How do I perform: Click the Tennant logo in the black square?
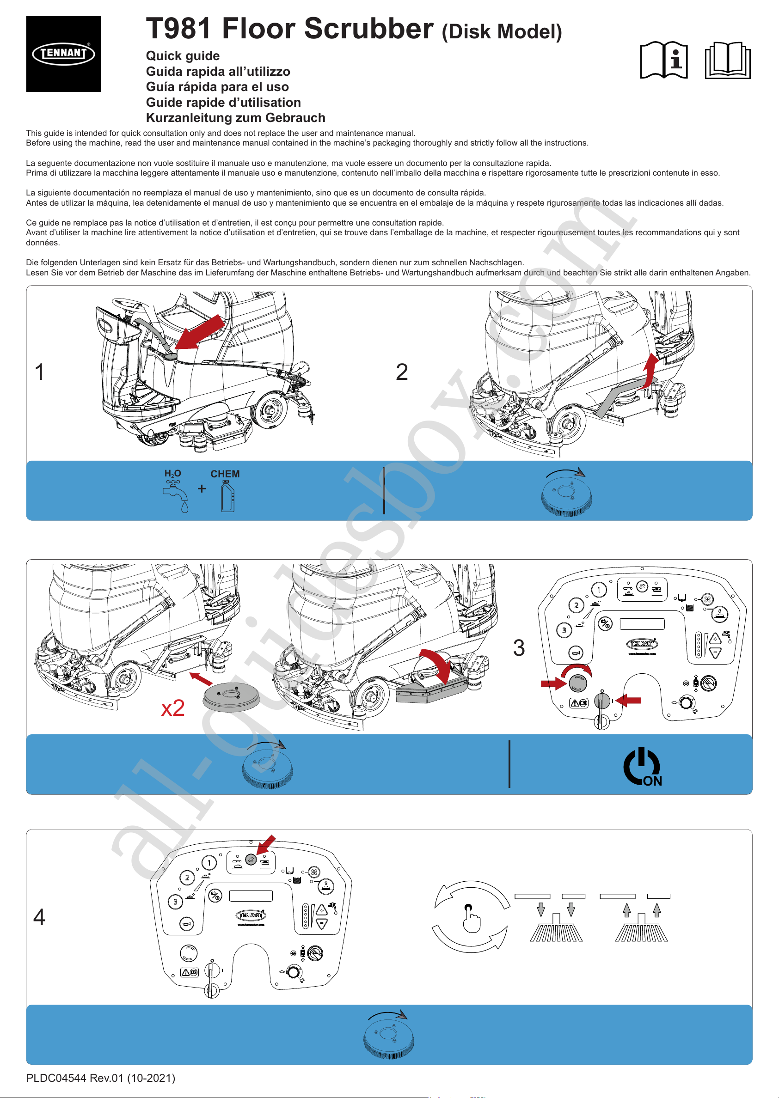[63, 53]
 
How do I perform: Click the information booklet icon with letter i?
[663, 60]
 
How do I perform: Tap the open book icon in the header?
[727, 60]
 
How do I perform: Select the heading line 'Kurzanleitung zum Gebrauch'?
[235, 118]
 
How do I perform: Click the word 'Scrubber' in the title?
[328, 29]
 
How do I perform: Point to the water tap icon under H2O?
[176, 496]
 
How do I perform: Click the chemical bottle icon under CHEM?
[228, 497]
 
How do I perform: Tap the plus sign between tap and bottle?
[202, 488]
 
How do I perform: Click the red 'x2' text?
[173, 708]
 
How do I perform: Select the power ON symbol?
[642, 767]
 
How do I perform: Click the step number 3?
[519, 648]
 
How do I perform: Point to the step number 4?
[39, 917]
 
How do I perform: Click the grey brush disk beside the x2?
[231, 696]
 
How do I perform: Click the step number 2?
[401, 372]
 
